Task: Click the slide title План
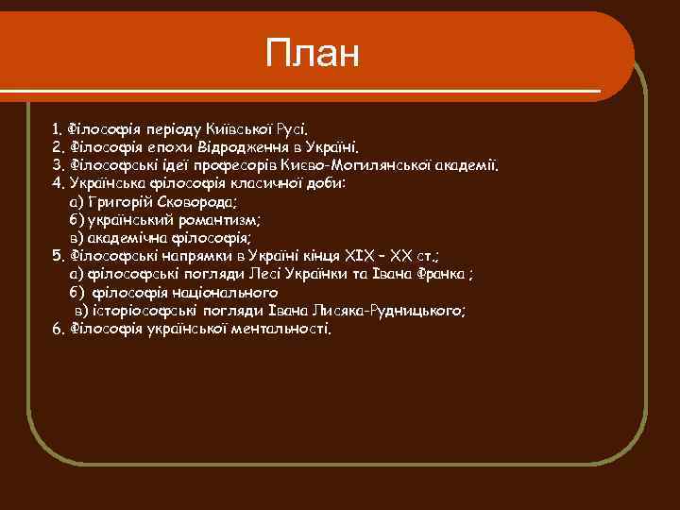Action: (313, 54)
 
